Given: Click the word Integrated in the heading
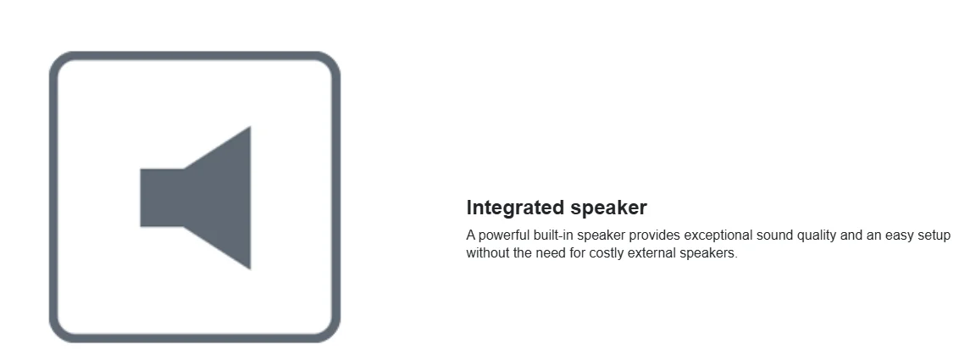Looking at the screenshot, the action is [516, 208].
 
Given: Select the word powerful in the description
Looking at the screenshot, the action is [504, 235].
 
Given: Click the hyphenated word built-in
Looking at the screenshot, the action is [554, 235].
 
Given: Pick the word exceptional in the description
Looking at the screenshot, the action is [718, 235].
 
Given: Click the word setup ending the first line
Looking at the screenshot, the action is [934, 235].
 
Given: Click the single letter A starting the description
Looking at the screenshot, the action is [471, 235].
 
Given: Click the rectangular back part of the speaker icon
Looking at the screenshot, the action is [162, 197].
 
